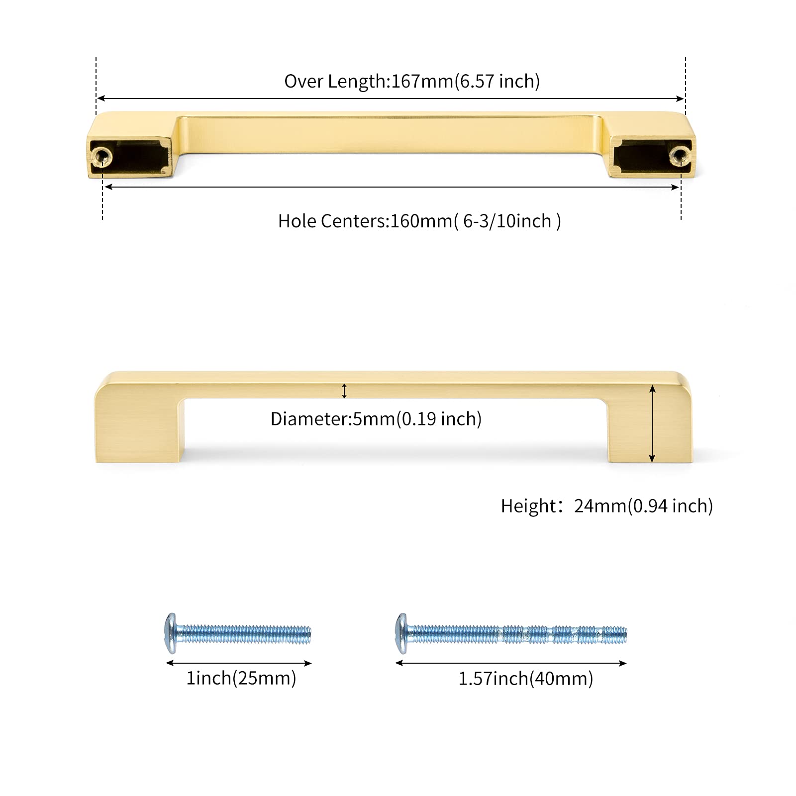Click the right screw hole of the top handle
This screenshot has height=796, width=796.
click(680, 154)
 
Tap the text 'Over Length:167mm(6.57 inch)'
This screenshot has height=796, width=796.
click(412, 81)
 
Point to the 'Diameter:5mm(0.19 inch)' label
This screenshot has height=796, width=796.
click(376, 419)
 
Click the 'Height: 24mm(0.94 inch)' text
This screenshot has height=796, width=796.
click(607, 506)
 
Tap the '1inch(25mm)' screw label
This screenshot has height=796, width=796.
click(241, 678)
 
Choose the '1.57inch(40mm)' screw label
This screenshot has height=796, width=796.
click(526, 679)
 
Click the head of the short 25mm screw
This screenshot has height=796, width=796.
click(171, 633)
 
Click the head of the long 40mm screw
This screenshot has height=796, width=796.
click(401, 633)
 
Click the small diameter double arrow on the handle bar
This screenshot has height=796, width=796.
click(344, 391)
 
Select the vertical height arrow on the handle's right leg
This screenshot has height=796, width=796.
click(652, 424)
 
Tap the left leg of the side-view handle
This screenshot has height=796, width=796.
click(140, 428)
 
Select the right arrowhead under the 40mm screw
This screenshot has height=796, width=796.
click(622, 663)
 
